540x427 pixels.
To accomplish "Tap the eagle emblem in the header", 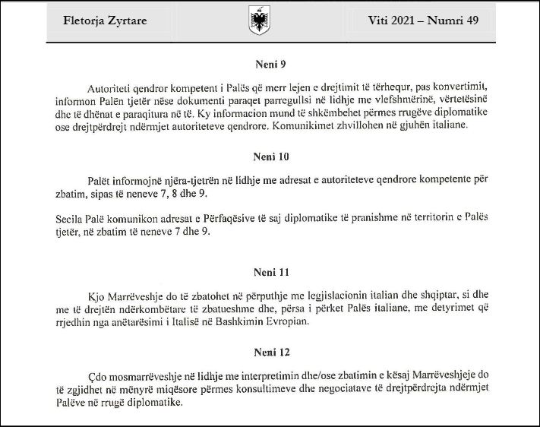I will pos(258,21).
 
